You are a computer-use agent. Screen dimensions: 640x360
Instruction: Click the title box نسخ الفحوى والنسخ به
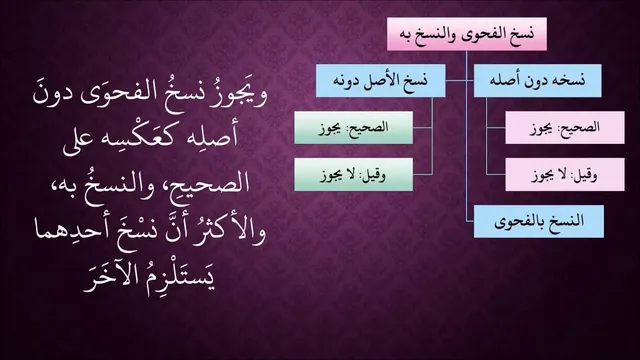coord(467,34)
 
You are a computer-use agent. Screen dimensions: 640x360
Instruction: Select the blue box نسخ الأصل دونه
coord(380,80)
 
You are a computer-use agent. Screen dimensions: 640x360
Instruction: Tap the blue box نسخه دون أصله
coord(537,80)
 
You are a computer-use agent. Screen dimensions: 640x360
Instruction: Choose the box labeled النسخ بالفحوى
coord(539,222)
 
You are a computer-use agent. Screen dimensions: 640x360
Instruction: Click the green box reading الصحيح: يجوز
coord(353,128)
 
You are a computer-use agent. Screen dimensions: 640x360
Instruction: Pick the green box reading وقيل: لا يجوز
coord(353,175)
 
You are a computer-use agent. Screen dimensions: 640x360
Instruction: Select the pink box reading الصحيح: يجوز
coord(565,128)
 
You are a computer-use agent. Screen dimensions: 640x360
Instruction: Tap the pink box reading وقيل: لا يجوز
coord(565,175)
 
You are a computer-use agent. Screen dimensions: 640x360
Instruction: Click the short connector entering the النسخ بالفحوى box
coord(470,222)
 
